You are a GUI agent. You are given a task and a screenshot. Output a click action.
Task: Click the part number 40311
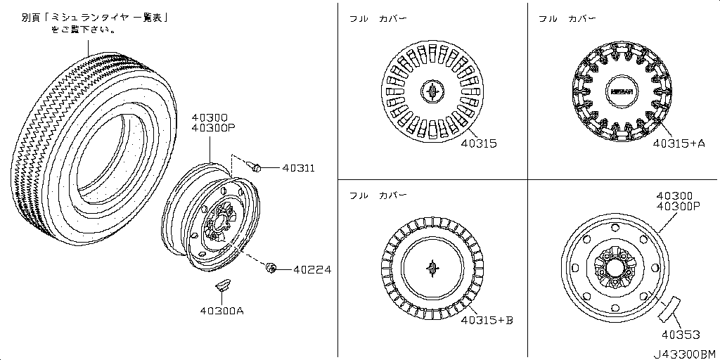coord(298,168)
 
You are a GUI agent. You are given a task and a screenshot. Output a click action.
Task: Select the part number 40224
coord(312,269)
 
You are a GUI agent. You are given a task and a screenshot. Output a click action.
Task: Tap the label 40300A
coord(221,311)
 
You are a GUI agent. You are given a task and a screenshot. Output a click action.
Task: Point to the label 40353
coord(681,335)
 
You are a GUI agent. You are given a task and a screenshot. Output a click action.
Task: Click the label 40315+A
coord(679,143)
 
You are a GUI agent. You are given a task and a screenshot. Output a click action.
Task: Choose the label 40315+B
coord(487,320)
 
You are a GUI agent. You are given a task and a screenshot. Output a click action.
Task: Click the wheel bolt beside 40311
coord(254,166)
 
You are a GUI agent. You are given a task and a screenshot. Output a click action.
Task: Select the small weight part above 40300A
coord(223,284)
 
